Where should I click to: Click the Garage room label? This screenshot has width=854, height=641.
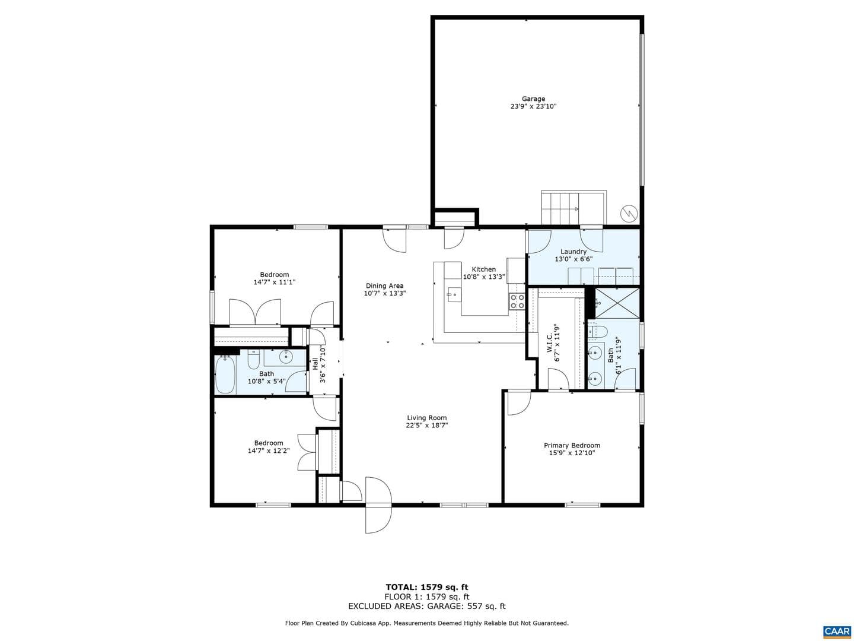tap(533, 99)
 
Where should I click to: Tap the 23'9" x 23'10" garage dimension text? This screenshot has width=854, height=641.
tap(533, 106)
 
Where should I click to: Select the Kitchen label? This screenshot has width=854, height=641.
tap(483, 269)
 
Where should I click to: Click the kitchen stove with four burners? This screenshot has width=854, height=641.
tap(517, 302)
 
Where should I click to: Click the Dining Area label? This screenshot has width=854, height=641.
tap(384, 285)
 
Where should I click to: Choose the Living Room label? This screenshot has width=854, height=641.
tap(427, 418)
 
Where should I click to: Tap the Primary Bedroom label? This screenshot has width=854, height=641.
tap(572, 445)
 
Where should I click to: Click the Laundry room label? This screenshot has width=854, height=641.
tap(573, 252)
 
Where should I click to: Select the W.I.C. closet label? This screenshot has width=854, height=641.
tap(549, 343)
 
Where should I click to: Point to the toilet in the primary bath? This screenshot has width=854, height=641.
tap(598, 332)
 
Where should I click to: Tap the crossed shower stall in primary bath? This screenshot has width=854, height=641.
tap(617, 303)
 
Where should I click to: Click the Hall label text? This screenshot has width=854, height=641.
tap(315, 364)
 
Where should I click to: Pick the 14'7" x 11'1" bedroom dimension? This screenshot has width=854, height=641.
tap(275, 282)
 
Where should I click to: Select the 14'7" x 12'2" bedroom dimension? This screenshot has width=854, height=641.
tap(269, 450)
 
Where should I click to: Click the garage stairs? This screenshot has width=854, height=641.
tap(574, 208)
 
